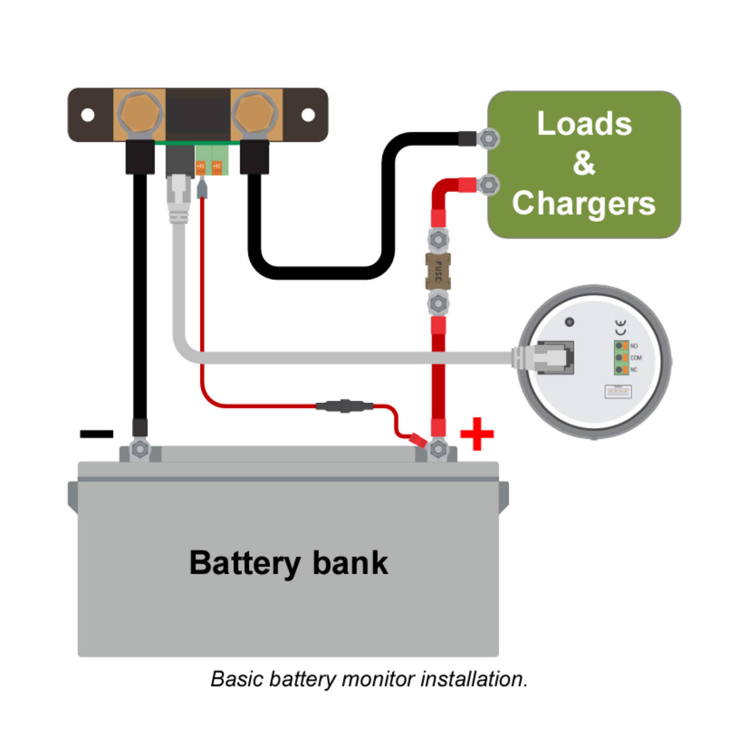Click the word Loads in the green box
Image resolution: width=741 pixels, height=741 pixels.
(584, 124)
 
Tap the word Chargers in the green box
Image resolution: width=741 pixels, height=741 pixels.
(584, 203)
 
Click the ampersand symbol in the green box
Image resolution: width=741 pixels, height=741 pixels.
(584, 163)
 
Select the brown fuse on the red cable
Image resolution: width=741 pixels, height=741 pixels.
(438, 271)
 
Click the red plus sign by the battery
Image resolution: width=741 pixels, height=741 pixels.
(477, 434)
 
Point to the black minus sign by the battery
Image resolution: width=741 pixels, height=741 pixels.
(96, 434)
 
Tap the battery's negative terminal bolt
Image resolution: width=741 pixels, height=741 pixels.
(139, 449)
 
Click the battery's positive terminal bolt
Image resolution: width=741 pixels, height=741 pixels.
(438, 449)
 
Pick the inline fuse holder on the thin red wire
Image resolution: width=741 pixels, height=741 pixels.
(344, 406)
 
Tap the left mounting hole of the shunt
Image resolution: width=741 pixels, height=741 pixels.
(88, 115)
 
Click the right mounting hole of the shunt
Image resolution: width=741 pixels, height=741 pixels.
(308, 115)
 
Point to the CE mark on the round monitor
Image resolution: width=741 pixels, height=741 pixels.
(620, 327)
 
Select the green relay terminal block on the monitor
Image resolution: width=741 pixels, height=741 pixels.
(622, 357)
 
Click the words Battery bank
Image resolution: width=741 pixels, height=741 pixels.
(289, 563)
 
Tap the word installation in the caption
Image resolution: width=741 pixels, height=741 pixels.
(473, 679)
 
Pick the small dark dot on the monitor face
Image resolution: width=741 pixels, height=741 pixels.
(569, 322)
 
